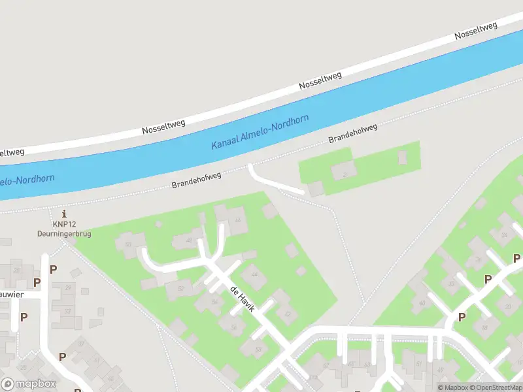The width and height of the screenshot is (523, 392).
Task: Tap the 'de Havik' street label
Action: coord(242,298)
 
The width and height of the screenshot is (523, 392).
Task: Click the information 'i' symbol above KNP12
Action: coord(64,214)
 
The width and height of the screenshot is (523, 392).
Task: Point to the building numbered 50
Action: coord(128,244)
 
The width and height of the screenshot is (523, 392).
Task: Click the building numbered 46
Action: coord(238,220)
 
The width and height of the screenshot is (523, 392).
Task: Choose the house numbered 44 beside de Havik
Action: coord(254,275)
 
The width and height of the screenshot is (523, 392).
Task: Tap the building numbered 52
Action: coord(181,288)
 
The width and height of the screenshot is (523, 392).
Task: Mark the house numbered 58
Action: coord(258,349)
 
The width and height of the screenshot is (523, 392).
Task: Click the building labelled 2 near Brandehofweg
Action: coord(344,174)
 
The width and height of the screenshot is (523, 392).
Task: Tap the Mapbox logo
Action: coord(29,384)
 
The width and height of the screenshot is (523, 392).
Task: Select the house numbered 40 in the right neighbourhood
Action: coord(422,302)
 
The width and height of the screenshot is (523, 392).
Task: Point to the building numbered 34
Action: coord(503,235)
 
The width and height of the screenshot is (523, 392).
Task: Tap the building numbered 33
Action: coord(67,311)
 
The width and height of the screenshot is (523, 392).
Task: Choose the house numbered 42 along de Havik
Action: coord(288,314)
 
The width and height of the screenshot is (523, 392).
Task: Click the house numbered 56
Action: coord(233,327)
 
